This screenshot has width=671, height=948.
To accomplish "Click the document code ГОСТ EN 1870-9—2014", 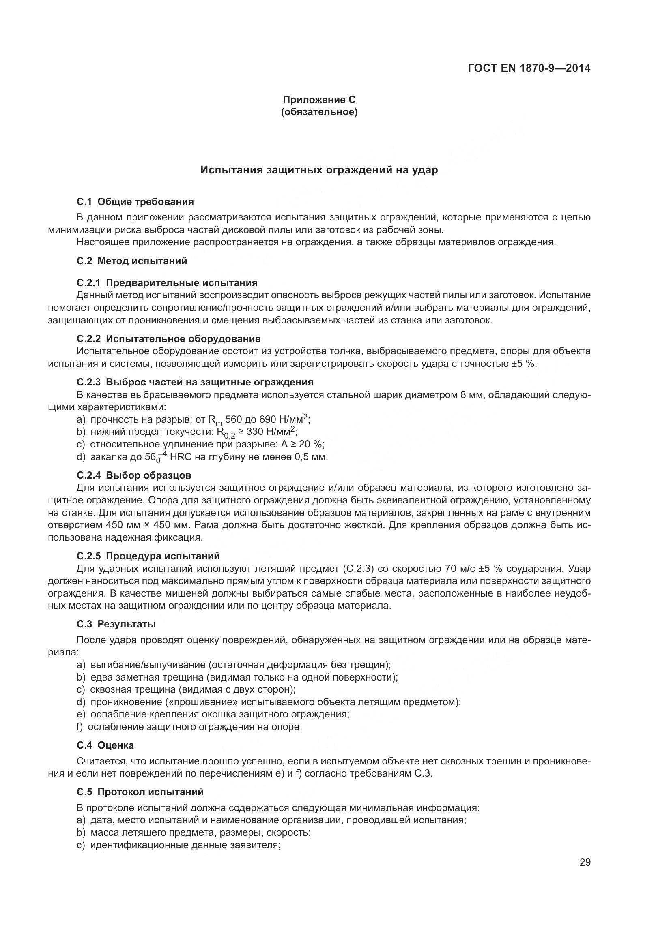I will coord(529,68).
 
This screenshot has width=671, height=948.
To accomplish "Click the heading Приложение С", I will coord(319,100).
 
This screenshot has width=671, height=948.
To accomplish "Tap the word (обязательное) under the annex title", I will coord(319,112).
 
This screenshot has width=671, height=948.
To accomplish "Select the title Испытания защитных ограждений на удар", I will coord(319,170).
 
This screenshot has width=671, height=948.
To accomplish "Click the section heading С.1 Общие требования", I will coord(135,202).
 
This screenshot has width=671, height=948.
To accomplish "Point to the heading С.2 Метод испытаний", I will coord(132,261).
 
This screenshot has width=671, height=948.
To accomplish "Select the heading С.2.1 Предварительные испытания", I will coord(167,283).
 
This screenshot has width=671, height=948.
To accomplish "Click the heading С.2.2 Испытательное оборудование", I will coord(169,338).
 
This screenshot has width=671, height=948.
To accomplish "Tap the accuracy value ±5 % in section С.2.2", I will coord(524,364).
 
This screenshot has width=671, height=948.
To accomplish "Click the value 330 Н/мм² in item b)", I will coord(271,432).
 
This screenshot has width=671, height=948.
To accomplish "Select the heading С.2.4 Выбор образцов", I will coord(134,475).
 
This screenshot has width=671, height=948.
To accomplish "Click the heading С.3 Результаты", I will coord(116,624).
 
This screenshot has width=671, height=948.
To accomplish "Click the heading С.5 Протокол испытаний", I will coord(140,792).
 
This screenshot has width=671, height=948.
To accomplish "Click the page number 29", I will coord(585,862).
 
